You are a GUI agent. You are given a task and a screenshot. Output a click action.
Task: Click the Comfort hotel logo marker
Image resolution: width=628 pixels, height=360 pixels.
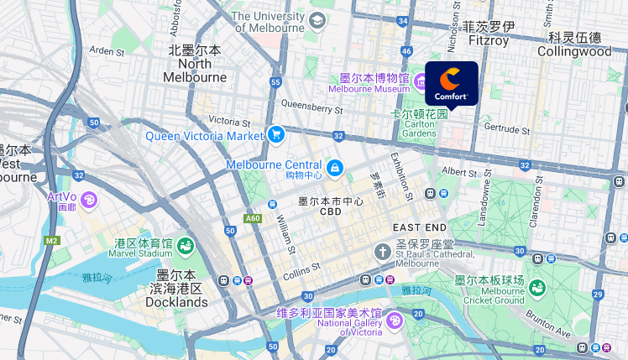coord(452,82)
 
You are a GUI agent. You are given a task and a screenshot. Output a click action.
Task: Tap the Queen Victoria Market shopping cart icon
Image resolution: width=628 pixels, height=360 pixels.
coord(276,134)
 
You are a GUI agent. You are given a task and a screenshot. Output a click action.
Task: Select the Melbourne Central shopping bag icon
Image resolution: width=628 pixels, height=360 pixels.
coord(335,168)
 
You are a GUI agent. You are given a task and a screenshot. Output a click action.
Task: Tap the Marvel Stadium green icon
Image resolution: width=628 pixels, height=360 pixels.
coord(185,247)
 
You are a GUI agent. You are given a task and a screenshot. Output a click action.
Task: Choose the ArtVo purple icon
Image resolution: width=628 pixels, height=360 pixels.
coord(89,200)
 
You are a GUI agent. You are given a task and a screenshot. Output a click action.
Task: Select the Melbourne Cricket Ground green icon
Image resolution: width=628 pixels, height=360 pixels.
coord(536,287)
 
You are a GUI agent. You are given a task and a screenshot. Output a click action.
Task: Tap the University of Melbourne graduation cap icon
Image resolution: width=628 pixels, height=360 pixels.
coord(317,20)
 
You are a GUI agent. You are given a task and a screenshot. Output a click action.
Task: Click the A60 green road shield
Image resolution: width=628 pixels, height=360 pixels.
coord(253,219)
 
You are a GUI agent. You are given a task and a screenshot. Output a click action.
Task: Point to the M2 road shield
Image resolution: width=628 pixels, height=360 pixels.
coord(52,241)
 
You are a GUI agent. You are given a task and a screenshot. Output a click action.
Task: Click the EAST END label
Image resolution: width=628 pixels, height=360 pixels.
coord(420,228)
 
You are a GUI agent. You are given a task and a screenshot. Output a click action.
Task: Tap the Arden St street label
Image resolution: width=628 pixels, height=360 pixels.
coord(107,51)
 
